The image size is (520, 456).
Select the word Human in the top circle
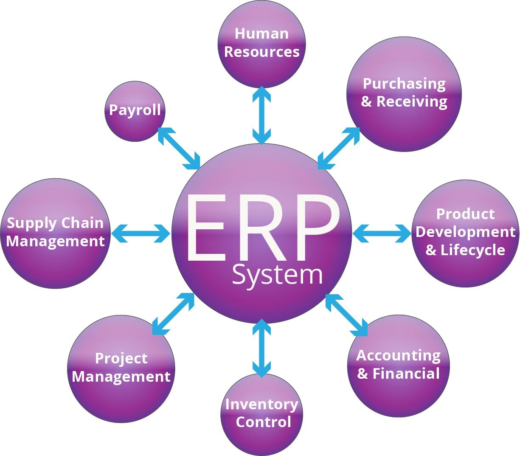click(x=261, y=34)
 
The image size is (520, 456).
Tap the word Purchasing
click(x=404, y=84)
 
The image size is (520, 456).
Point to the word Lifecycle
click(x=472, y=250)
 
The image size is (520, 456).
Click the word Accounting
click(x=398, y=355)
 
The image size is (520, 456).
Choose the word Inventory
click(x=261, y=404)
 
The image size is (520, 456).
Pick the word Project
click(x=121, y=359)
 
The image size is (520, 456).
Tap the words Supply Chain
click(x=55, y=223)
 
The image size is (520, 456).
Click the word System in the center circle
click(x=277, y=275)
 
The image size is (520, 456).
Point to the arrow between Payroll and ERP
click(x=179, y=148)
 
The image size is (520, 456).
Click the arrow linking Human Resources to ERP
click(x=262, y=115)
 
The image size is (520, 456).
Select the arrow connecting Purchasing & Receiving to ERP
click(x=339, y=148)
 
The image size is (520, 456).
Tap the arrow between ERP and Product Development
click(x=382, y=233)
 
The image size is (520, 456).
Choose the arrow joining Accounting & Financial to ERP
click(x=346, y=315)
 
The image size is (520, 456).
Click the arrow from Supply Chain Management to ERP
click(x=141, y=233)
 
